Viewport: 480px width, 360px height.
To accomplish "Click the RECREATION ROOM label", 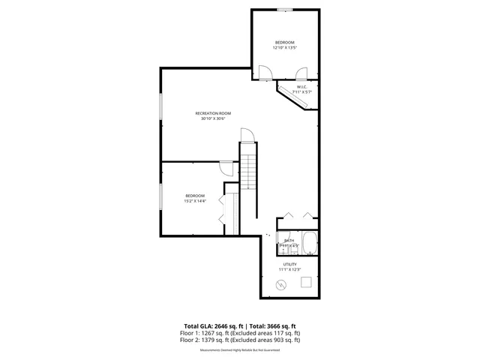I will coord(213,113).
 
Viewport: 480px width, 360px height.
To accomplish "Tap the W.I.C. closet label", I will coord(302,87).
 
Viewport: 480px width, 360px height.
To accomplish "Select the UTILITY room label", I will coord(289,264).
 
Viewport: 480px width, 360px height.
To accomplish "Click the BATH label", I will coord(289,241).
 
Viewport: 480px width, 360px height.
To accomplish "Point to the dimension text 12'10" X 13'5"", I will coord(284,47).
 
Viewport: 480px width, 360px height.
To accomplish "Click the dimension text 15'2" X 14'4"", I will coord(195,201).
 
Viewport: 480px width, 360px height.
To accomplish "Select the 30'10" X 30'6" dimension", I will coord(213,119).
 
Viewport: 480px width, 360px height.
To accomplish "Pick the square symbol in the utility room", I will coord(306,282).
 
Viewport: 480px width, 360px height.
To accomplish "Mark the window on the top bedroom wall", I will coord(284,10).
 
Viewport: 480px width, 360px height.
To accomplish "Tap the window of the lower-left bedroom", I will coord(160,198).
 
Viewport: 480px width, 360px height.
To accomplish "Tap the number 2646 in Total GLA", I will coord(221,326).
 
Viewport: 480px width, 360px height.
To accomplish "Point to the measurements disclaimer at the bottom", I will coord(240,348).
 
